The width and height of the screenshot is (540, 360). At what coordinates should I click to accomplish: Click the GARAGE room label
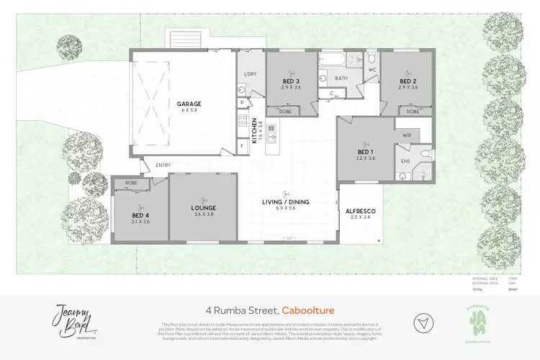[x=189, y=104]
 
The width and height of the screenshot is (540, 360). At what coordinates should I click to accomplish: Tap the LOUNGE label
[x=204, y=208]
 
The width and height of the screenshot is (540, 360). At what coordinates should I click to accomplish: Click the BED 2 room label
[x=408, y=81]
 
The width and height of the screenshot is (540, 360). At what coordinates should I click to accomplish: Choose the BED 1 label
[x=366, y=152]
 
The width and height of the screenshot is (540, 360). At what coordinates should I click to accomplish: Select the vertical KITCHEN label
[x=254, y=130]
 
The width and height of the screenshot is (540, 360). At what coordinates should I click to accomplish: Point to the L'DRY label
[x=251, y=75]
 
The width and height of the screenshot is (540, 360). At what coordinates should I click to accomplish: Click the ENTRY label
[x=163, y=166]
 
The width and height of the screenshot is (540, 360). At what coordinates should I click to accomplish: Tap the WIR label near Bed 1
[x=405, y=135]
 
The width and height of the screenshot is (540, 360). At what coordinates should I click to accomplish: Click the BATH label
[x=341, y=78]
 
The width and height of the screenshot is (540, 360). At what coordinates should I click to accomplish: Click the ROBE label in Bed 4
[x=131, y=183]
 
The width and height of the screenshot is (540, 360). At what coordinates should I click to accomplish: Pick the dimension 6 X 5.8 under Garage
[x=189, y=111]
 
